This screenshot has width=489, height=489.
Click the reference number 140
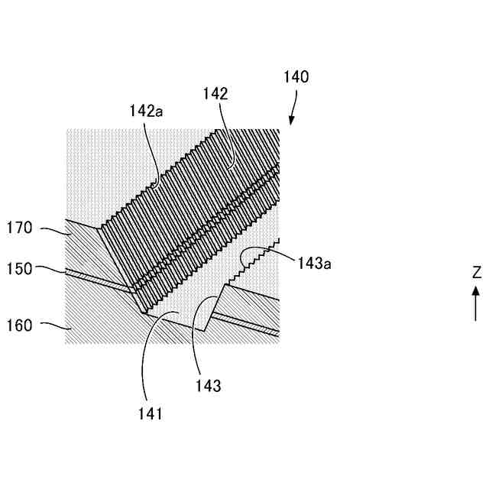[296, 77]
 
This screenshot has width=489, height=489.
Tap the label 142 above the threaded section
[215, 93]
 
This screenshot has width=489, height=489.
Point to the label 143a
[314, 264]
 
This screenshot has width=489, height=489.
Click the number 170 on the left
[21, 227]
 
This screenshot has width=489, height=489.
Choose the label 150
[21, 269]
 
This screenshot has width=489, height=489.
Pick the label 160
[21, 325]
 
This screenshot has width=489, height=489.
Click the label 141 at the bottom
[151, 413]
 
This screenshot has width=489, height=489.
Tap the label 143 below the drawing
[208, 386]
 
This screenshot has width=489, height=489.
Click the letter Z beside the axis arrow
[476, 272]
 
